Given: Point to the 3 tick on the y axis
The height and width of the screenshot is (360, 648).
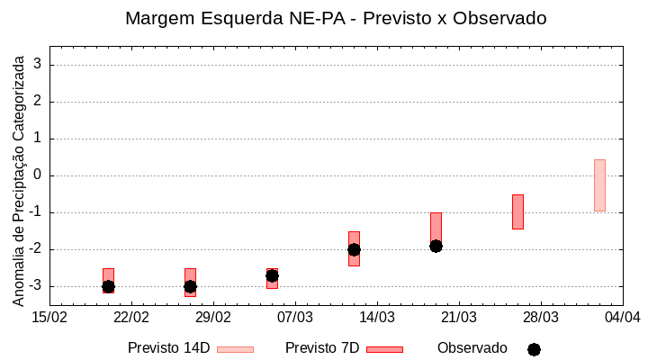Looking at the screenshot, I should pos(39,65).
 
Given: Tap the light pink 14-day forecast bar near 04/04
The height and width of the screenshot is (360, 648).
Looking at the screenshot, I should pos(599,185).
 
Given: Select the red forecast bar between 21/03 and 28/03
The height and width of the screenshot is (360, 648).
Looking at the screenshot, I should pos(517,211).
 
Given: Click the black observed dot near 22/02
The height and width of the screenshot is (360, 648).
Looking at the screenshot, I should pos(108,286).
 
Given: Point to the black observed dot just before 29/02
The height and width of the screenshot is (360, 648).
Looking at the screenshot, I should pos(190,286).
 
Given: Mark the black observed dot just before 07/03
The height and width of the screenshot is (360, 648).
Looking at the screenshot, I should pos(272,275).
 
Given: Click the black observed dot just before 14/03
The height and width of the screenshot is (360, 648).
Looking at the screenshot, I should pos(354,249).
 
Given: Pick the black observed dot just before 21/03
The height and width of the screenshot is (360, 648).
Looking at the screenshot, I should pos(436,246).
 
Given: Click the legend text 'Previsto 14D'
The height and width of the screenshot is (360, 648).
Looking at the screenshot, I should pos(168,348).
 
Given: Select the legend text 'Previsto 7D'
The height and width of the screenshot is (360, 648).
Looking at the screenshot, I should pos(322,348).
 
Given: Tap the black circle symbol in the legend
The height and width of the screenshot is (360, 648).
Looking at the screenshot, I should pos(534,349).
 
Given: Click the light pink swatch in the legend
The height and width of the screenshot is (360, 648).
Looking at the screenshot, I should pos(235,349).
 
